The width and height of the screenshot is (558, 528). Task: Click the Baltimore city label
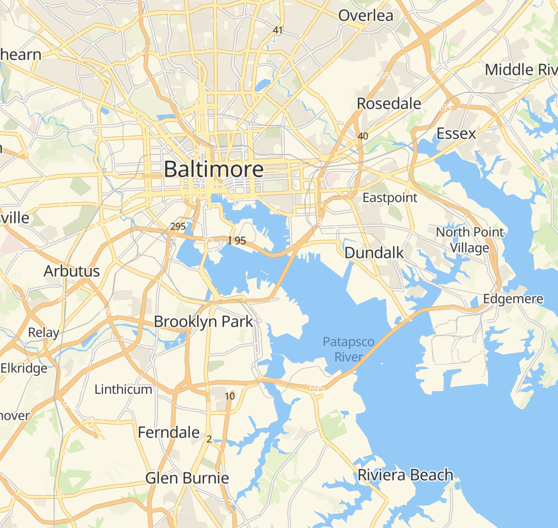point(214,170)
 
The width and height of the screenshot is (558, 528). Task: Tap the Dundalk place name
point(374,253)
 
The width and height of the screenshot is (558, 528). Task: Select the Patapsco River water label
point(348,349)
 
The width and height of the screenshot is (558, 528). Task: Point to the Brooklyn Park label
point(204,322)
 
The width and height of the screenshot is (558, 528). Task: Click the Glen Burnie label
point(187,478)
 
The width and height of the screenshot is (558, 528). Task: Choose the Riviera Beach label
point(405,475)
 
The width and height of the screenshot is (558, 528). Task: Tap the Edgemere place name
point(513,299)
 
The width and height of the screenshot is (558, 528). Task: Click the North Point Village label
point(470,240)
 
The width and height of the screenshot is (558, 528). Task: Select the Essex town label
point(456,134)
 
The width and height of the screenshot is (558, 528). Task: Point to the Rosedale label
point(389,103)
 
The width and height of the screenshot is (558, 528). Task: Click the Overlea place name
point(366,15)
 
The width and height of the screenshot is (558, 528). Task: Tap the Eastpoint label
point(390,198)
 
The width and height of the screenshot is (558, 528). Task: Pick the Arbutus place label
point(72,271)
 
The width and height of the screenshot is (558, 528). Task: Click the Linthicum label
point(123,389)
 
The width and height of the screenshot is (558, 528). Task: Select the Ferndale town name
point(169,432)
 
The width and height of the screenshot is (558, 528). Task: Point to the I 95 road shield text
point(237,240)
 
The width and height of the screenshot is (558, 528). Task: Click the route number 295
point(178,227)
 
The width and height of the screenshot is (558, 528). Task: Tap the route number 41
point(277,30)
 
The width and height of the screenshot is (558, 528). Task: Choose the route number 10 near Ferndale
point(230,396)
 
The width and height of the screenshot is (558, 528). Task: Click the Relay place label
point(43,333)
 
